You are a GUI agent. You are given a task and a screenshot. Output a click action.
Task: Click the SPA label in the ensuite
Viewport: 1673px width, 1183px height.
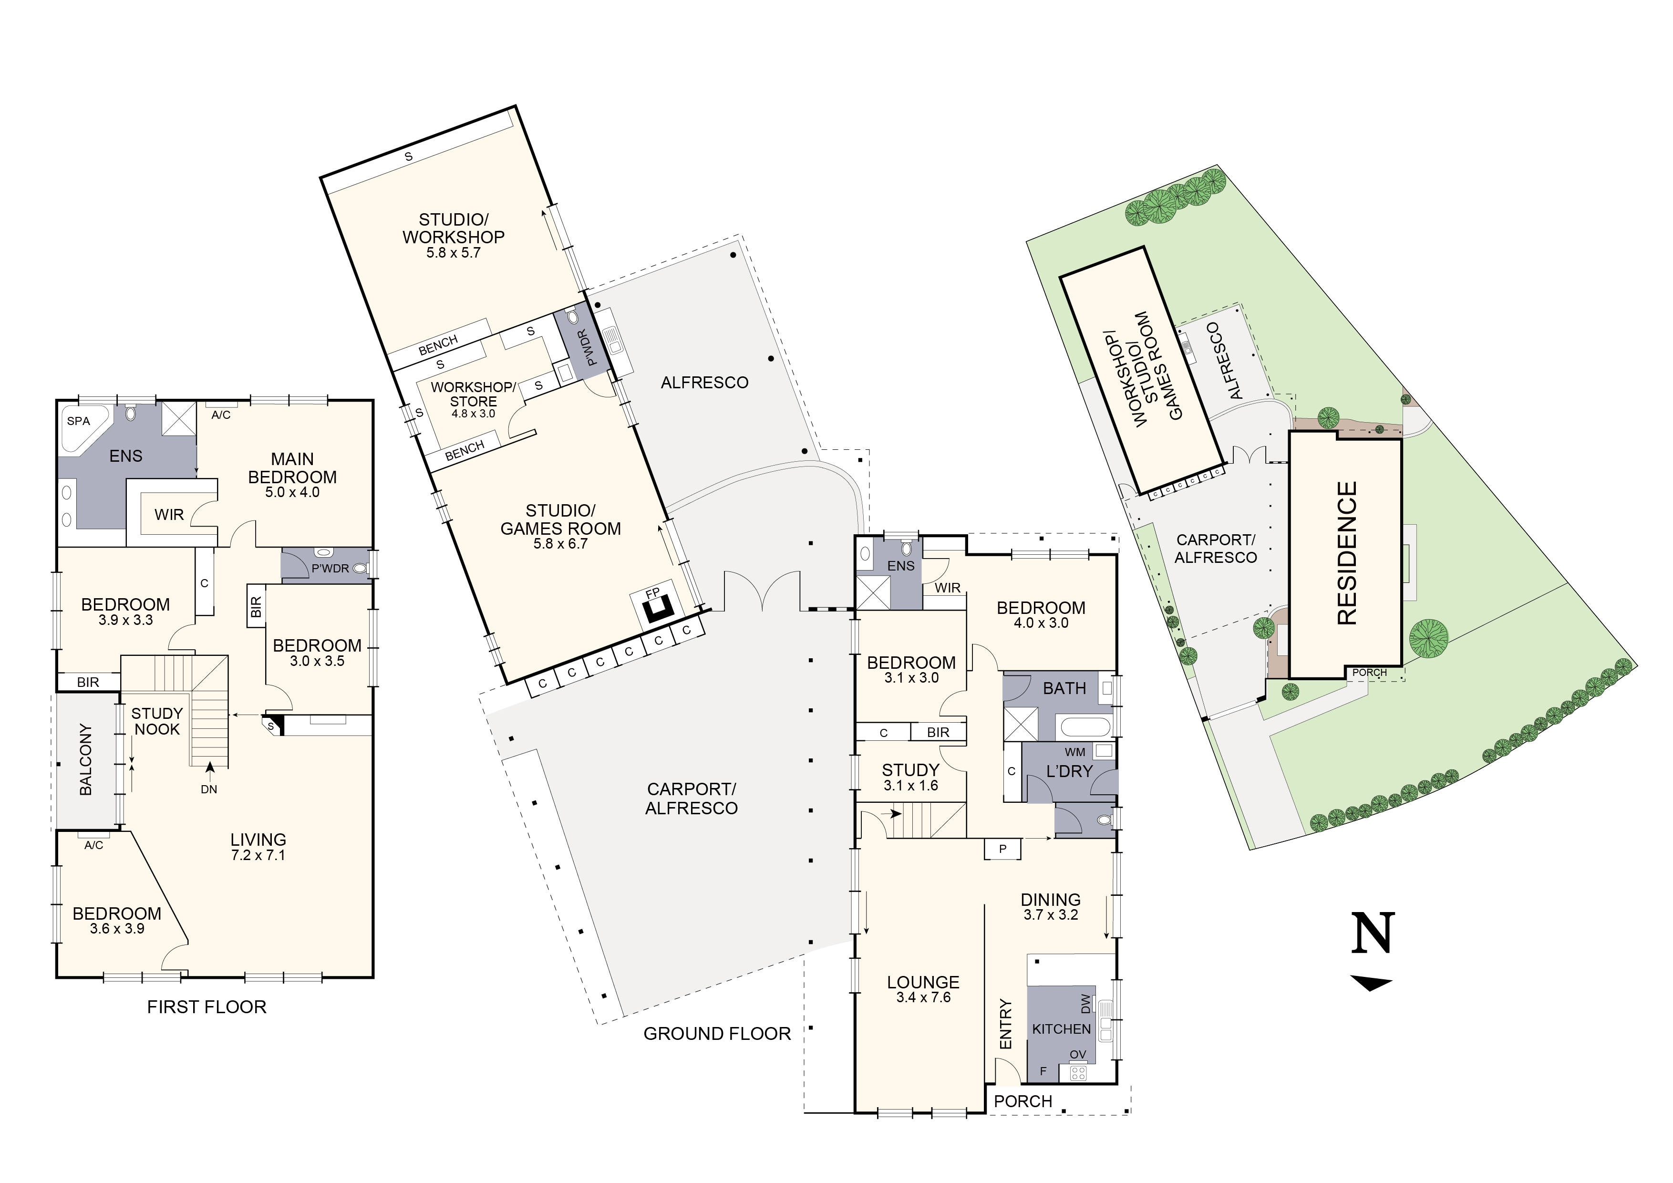coord(78,421)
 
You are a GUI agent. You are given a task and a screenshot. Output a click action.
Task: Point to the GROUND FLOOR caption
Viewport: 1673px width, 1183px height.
coord(717,1034)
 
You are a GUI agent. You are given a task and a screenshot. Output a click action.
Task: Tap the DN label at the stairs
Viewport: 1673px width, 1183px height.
coord(209,789)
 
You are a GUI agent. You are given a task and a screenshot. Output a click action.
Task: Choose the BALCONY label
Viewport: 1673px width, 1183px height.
coord(86,759)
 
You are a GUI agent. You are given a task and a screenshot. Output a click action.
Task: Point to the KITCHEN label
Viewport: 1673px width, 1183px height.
coord(1062,1029)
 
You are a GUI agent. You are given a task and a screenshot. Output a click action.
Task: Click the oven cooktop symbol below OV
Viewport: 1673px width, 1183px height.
coord(1078,1072)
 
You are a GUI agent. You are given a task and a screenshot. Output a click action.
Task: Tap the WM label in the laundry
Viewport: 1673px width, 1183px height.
coord(1075,752)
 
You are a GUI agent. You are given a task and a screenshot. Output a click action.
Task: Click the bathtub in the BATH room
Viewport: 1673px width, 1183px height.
coord(1084,726)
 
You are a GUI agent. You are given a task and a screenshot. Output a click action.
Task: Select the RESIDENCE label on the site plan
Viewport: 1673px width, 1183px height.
coord(1347,553)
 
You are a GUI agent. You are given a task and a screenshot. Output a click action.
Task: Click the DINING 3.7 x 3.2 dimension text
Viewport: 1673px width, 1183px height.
coord(1051,915)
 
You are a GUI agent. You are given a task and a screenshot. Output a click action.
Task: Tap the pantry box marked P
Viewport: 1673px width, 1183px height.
coord(1002,849)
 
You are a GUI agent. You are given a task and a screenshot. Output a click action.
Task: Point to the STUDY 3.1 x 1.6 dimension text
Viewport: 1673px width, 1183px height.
coord(911,786)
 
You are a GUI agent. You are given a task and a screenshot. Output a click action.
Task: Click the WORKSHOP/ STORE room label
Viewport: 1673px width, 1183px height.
coord(474,394)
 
